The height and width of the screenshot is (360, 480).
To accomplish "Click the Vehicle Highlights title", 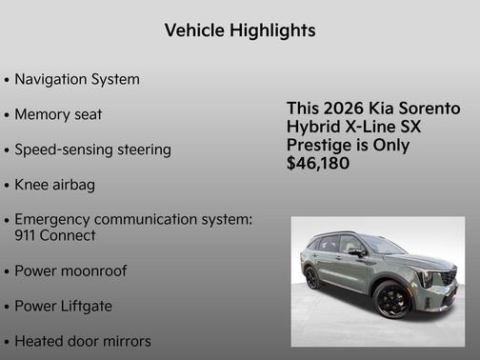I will click(240, 30).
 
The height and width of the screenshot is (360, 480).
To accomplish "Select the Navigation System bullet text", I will click(77, 79).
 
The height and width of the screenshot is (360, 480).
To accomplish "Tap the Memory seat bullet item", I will click(58, 114).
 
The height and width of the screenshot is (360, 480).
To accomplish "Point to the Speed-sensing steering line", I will click(92, 150).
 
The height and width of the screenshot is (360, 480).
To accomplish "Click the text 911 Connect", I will click(55, 234).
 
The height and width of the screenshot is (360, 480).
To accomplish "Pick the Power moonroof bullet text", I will click(70, 270).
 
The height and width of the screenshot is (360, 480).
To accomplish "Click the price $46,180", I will click(318, 164).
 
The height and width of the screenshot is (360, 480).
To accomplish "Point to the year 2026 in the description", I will click(340, 109).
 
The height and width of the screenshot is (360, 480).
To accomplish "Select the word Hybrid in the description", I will click(314, 127).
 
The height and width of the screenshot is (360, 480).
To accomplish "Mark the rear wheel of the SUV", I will click(312, 278).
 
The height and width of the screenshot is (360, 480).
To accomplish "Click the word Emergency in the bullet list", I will click(64, 219).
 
